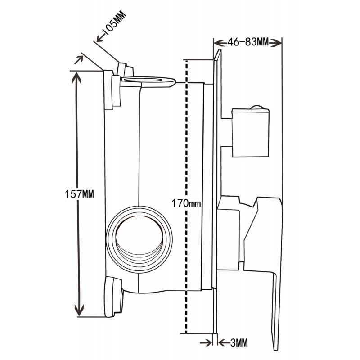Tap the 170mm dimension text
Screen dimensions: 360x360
click(186, 203)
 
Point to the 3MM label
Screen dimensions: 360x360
click(238, 343)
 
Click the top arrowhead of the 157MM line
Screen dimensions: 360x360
click(77, 77)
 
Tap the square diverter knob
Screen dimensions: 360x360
click(250, 133)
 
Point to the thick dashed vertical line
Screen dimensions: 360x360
click(185, 135)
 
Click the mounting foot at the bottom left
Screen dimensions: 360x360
click(113, 297)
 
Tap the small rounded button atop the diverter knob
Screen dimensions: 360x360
click(257, 107)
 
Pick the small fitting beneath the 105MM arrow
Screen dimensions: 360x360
click(125, 70)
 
